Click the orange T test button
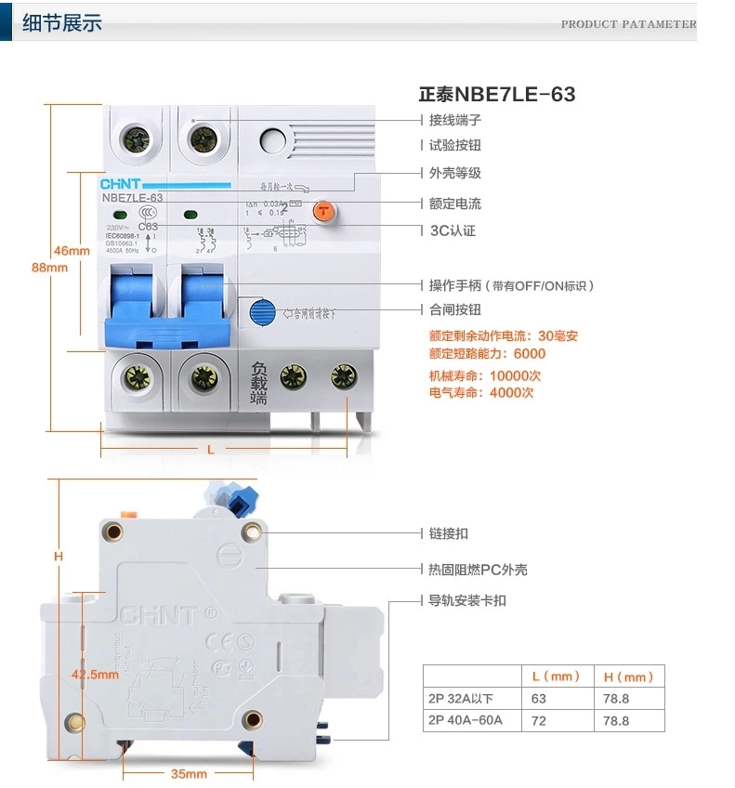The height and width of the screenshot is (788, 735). pos(322,210)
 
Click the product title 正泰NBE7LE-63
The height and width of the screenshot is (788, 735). pos(496,95)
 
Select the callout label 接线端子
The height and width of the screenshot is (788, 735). pos(454,120)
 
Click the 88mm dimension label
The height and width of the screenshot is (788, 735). pos(50,268)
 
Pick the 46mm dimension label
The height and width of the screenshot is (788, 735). pos(72,251)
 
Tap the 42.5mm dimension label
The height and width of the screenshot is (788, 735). pos(96,675)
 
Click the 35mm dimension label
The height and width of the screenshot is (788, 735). pos(189,773)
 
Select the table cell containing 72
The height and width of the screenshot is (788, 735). pos(539,720)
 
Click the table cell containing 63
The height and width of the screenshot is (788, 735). pos(539,698)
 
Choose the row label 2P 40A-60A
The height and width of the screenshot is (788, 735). pos(465,720)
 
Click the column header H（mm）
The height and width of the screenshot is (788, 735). pos(629,676)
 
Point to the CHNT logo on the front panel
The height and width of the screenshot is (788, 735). pos(119,184)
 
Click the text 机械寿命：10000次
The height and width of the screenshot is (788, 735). pos(484,375)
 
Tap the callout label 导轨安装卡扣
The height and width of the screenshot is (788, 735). pos(467,600)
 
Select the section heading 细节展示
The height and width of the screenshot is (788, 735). pos(61,23)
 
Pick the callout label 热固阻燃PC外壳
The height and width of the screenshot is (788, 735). pos(478,569)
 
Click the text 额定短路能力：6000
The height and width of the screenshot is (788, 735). pos(487,353)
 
